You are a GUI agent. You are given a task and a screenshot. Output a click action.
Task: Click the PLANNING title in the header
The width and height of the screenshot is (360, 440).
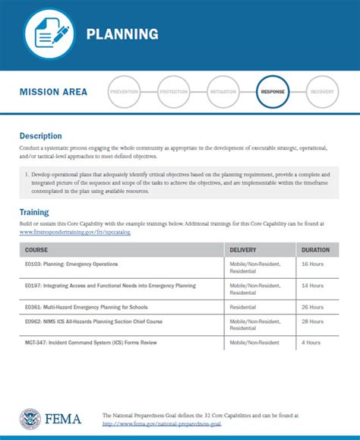coord(122,34)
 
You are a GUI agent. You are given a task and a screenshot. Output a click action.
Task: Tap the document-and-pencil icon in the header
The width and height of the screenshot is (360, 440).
coord(50,33)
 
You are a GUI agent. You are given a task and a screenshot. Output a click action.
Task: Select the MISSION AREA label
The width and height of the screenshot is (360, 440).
coord(53,92)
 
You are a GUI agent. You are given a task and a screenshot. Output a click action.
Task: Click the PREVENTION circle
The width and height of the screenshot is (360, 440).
coord(125,92)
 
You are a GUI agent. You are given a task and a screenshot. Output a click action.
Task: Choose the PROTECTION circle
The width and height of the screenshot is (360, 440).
coord(174,92)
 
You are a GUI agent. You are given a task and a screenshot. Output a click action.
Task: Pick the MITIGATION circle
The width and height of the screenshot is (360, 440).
coord(223,92)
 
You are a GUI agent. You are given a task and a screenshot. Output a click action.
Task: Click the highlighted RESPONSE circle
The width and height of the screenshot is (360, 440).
coord(273,92)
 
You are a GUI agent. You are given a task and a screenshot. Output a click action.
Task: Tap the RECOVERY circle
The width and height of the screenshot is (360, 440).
coord(322,92)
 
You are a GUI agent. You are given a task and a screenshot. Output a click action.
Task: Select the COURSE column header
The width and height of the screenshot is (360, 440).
coord(36,249)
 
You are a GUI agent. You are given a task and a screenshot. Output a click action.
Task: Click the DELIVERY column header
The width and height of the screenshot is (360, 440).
coord(244,249)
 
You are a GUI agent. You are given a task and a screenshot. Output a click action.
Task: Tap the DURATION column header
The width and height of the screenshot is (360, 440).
coord(315,249)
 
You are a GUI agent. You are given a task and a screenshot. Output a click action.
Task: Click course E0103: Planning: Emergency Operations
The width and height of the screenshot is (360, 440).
coord(71,264)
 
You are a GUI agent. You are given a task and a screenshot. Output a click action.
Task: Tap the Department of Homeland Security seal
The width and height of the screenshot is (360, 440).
coord(30,419)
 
